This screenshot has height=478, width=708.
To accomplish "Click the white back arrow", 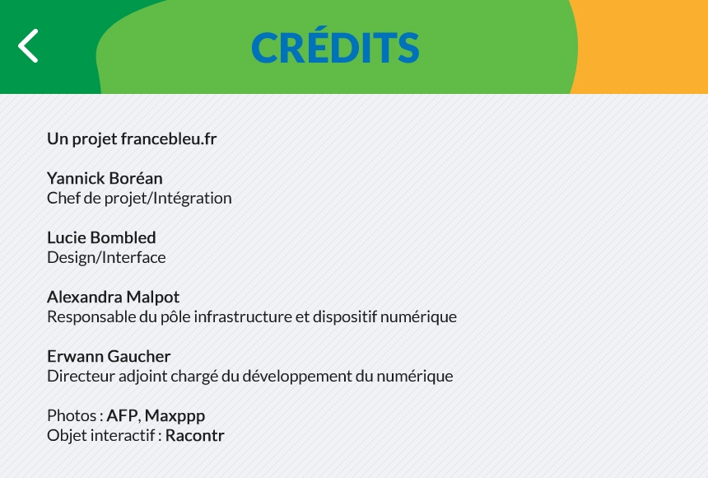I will pos(28,46).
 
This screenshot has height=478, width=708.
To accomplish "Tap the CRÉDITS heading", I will pos(335,48).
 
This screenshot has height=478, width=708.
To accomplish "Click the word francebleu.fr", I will pos(169,138).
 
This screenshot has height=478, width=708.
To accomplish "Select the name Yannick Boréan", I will pos(105,178).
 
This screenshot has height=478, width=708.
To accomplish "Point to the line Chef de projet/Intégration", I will pos(139,198).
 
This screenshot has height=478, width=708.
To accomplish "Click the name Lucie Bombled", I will pos(101,237).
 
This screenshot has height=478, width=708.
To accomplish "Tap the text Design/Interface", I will pos(106,257).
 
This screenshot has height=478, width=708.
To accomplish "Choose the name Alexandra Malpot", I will pos(113,297).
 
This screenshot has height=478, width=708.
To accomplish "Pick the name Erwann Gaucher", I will pos(109,356).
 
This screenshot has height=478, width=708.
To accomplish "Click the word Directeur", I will pos(79,376).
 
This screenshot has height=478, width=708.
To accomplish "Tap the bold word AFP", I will pos(122,415).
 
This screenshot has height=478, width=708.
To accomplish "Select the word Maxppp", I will pos(175,415).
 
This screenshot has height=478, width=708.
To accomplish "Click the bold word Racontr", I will pos(194,435).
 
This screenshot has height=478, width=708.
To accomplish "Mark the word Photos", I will pos(72,415).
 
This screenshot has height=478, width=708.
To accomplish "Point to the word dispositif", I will pos(346,316).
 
